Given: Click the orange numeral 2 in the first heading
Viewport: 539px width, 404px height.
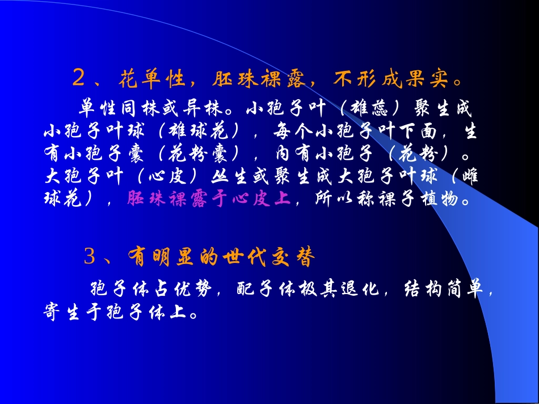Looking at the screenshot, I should [79, 79].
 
